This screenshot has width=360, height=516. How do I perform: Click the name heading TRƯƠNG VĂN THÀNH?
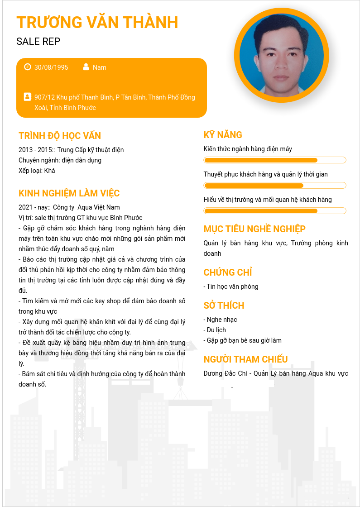(97, 22)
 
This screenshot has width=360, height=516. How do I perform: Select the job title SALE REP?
(38, 42)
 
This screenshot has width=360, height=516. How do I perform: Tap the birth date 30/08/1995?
(51, 67)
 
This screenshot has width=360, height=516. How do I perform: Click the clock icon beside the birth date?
(28, 67)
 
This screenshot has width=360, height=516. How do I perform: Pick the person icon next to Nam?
(86, 67)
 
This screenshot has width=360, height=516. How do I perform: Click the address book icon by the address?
(28, 97)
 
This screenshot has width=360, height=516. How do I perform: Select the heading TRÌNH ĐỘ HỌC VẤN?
(60, 136)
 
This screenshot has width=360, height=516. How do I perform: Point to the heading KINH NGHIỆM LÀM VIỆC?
(69, 193)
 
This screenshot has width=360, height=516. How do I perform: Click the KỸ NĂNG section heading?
(223, 135)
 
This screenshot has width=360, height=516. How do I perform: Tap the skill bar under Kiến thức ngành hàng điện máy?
(275, 160)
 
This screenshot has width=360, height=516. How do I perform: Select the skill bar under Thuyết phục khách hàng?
(275, 186)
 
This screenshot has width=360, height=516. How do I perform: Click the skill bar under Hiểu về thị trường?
(275, 211)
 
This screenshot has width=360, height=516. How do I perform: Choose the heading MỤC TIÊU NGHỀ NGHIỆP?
(261, 229)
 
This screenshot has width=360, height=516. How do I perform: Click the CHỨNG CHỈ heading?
(228, 272)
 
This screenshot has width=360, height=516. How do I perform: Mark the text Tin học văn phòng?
(232, 287)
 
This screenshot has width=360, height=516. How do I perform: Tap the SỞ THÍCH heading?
(224, 306)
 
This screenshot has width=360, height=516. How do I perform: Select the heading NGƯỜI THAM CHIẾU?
(245, 359)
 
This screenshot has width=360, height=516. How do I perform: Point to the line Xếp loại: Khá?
(37, 171)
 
